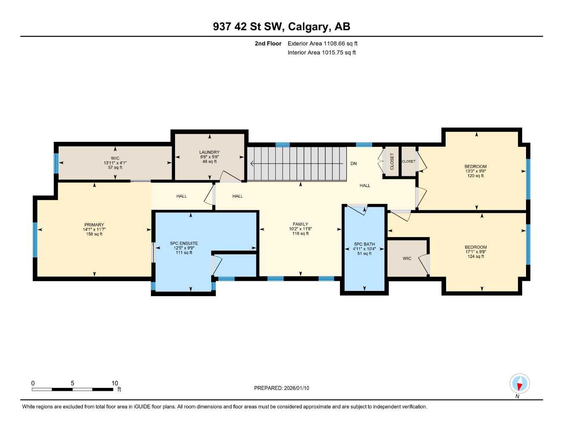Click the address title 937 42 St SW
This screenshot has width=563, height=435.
(x=281, y=26)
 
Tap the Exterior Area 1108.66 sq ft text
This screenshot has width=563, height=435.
(x=322, y=43)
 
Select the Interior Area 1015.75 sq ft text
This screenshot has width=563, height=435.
(x=321, y=53)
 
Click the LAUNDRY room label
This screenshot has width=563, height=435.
(x=209, y=153)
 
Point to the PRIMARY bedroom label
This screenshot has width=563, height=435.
(x=94, y=225)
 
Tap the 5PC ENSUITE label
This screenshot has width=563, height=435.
(x=184, y=244)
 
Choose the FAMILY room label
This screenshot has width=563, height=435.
(x=300, y=224)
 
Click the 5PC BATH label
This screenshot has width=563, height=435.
(x=364, y=245)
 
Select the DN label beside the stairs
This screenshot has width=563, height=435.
(x=354, y=164)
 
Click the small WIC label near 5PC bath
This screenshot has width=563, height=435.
(x=407, y=259)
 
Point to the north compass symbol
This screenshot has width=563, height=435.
(x=519, y=384)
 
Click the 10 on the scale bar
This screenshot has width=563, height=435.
(x=115, y=383)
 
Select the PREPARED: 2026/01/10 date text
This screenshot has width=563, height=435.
(x=281, y=388)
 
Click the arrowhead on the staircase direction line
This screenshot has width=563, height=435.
(x=252, y=164)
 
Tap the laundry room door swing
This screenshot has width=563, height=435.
(x=229, y=177)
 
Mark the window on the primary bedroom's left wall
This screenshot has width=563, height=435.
(x=35, y=240)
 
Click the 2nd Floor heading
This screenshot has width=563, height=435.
(x=268, y=43)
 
